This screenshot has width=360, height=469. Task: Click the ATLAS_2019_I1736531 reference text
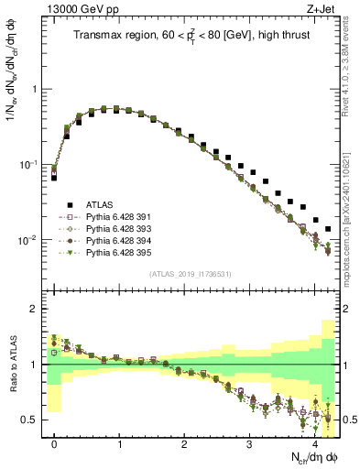click(x=189, y=275)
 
